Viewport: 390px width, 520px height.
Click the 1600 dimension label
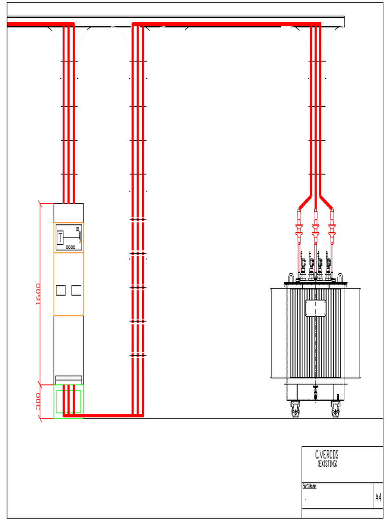pos(39,294)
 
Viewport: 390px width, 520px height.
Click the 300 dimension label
pos(39,402)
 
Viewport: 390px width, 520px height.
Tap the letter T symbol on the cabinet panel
pos(60,237)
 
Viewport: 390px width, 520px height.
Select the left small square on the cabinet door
pos(60,290)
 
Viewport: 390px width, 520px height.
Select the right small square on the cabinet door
pos(76,290)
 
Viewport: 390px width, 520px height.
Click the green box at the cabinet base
pos(69,401)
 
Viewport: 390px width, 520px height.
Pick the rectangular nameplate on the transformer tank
pos(315,308)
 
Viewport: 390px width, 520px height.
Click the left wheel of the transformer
pos(296,409)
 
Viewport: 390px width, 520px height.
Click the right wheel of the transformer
pos(336,409)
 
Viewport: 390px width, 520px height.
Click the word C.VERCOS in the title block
pos(327,455)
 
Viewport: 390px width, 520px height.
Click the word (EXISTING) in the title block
pos(327,464)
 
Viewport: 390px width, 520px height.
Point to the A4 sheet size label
pos(378,497)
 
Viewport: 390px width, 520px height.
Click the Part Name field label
pos(309,486)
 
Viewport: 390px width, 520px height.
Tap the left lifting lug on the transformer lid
pos(291,278)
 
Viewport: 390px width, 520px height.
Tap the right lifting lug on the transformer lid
pos(339,278)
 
